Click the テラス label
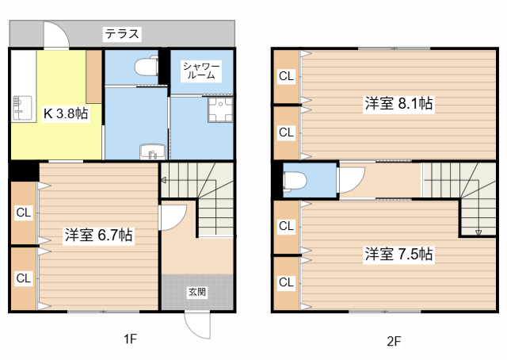pyautogui.click(x=122, y=34)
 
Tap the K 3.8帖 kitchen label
pyautogui.click(x=65, y=113)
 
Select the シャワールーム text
pyautogui.click(x=201, y=70)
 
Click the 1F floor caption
pyautogui.click(x=130, y=339)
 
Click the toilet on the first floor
pyautogui.click(x=146, y=67)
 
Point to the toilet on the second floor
pyautogui.click(x=293, y=182)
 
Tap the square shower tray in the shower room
pyautogui.click(x=219, y=110)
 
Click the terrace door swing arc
pyautogui.click(x=55, y=33)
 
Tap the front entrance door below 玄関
pyautogui.click(x=196, y=324)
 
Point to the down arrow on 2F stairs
pyautogui.click(x=478, y=231)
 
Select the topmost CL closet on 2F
pyautogui.click(x=286, y=77)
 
